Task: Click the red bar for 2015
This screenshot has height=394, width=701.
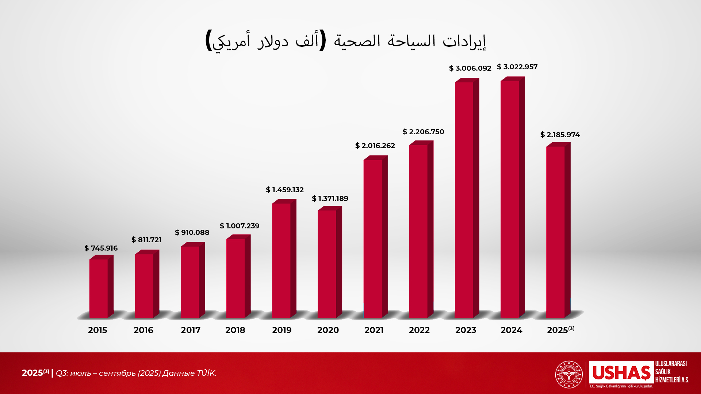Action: [x=99, y=288]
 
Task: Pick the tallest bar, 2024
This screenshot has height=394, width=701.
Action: [x=510, y=199]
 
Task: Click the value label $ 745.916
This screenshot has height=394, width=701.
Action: [x=101, y=248]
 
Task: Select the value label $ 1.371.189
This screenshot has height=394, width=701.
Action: [x=330, y=198]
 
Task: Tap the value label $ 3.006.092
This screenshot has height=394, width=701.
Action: [x=470, y=68]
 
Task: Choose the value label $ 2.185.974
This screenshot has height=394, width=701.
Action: [x=560, y=135]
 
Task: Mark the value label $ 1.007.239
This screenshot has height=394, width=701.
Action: [x=240, y=226]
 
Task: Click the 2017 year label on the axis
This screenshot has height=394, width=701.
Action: [x=191, y=330]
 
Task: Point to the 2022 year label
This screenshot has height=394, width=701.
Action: [x=419, y=330]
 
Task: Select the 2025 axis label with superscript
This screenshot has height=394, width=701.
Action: [x=560, y=330]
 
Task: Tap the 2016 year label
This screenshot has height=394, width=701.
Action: [x=143, y=330]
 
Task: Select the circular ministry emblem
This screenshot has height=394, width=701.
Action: [x=569, y=374]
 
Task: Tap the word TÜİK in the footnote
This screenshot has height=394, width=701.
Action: [x=206, y=373]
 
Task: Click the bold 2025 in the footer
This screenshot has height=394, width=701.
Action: [x=33, y=373]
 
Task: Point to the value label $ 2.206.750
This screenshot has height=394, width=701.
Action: [x=424, y=132]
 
